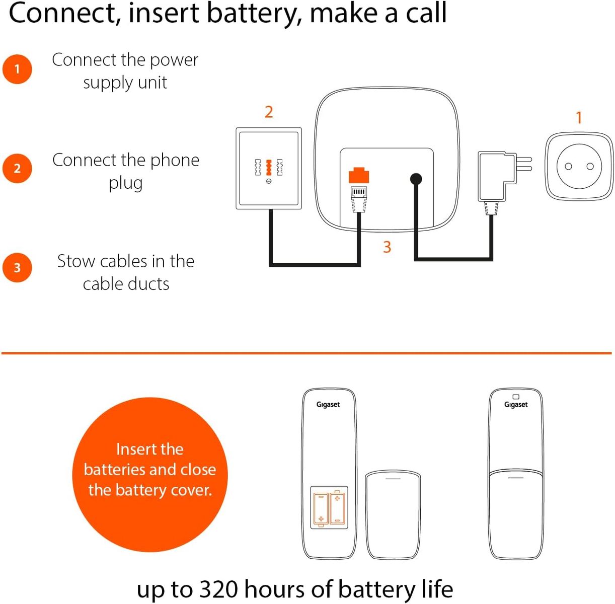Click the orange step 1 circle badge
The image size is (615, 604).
click(17, 69)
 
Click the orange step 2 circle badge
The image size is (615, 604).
click(17, 168)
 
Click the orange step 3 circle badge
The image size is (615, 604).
click(17, 268)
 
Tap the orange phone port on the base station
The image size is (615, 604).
click(358, 176)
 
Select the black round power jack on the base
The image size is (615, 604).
click(416, 179)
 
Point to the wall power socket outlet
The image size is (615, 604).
click(579, 167)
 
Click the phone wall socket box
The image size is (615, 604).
click(269, 168)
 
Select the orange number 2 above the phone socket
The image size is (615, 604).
click(269, 112)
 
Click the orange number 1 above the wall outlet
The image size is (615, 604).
click(579, 118)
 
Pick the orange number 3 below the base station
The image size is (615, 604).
click(387, 247)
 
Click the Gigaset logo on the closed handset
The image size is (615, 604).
click(516, 405)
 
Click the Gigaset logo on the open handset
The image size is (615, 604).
click(328, 405)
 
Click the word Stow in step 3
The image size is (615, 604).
click(76, 261)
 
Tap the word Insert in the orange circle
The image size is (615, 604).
click(134, 449)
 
